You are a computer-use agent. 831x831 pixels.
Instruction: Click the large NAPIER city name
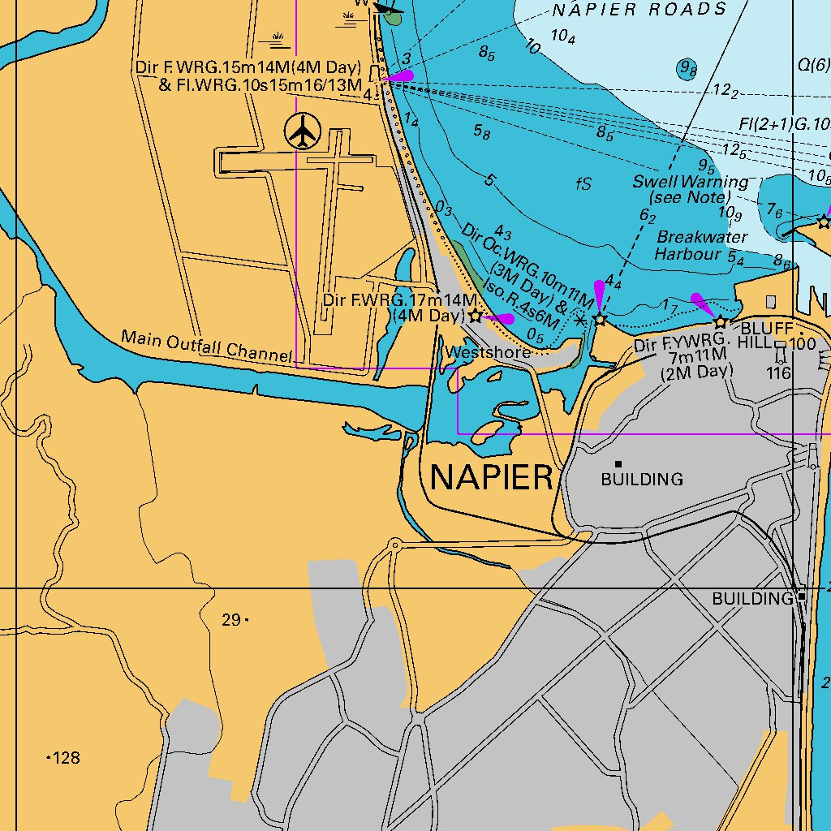click(491, 477)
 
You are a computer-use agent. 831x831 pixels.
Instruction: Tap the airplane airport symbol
click(304, 131)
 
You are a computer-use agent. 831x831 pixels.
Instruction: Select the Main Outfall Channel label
click(206, 346)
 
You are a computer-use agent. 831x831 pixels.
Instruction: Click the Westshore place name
click(489, 352)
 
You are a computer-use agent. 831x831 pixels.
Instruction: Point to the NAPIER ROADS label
click(639, 10)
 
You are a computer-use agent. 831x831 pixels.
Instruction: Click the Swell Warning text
click(691, 182)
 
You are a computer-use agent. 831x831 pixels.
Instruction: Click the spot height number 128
click(66, 758)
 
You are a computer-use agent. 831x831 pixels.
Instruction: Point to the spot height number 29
click(230, 620)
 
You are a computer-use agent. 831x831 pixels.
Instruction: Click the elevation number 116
click(778, 373)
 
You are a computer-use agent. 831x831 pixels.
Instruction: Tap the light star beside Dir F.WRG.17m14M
click(475, 316)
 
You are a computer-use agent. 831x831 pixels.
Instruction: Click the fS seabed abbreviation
click(583, 184)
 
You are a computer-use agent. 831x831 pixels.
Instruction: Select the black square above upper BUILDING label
click(618, 464)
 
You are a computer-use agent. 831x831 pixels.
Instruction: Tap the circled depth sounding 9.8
click(687, 69)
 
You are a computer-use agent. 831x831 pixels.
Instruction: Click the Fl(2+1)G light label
click(784, 124)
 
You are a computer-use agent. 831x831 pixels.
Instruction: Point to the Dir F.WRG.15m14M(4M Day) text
click(248, 68)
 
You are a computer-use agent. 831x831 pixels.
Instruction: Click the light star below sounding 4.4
click(600, 319)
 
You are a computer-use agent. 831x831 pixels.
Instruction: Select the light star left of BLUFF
click(720, 322)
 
